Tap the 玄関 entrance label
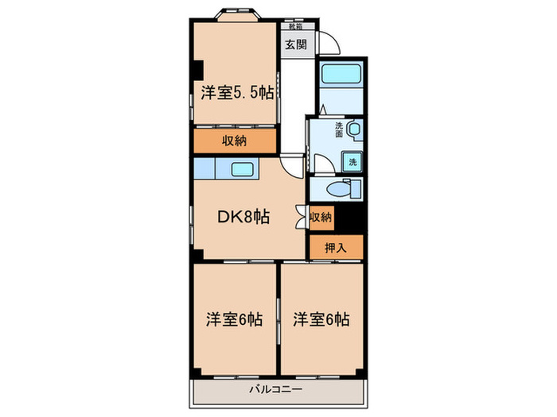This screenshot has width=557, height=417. click(x=294, y=44)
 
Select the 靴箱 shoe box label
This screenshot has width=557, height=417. click(x=295, y=26)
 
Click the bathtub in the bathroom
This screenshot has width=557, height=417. click(x=340, y=78)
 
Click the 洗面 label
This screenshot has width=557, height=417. click(x=340, y=129)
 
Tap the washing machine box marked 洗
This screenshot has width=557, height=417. click(x=352, y=162)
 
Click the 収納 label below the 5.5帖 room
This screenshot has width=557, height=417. click(x=233, y=141)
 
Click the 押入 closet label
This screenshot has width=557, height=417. click(x=336, y=247)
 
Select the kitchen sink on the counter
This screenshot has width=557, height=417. click(x=242, y=168)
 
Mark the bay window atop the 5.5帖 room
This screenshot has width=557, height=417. click(x=234, y=14)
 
